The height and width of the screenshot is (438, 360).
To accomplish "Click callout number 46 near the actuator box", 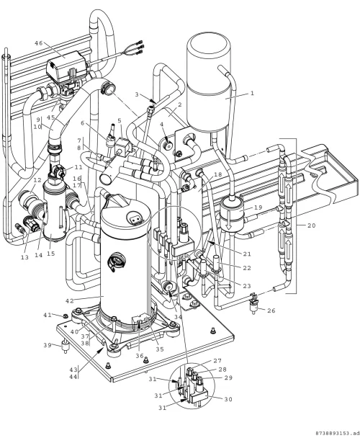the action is [39, 43].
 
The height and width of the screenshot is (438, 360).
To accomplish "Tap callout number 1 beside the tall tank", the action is [252, 93].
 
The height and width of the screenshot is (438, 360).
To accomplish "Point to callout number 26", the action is [271, 310].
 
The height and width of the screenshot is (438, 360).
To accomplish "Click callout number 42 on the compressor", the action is [70, 300].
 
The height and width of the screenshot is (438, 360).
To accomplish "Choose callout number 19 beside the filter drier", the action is [258, 207].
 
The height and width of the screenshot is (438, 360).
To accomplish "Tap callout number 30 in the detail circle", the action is [228, 399].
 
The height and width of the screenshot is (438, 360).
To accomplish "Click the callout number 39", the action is [48, 345].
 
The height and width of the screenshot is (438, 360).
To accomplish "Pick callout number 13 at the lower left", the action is [24, 257].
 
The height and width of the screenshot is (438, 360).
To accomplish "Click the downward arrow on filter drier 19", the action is [228, 221].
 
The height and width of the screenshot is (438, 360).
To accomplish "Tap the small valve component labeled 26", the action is [253, 306].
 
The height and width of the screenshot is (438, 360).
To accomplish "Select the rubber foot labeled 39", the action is [66, 348].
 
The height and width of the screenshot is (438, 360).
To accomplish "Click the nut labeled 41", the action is [66, 316].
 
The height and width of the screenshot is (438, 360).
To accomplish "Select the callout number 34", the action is [178, 316].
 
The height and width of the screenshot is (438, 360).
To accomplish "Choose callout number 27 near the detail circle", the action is [217, 361].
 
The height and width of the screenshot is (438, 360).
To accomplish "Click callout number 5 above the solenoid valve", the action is [120, 120].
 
